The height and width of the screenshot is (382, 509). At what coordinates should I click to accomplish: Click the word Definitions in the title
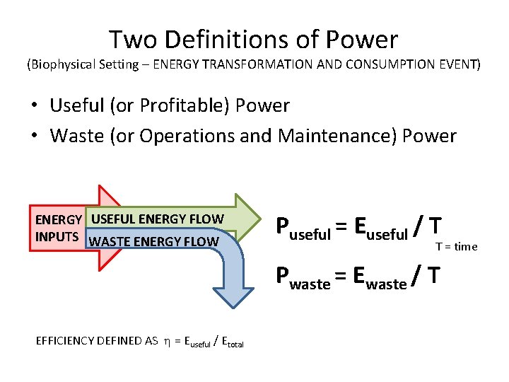click(235, 40)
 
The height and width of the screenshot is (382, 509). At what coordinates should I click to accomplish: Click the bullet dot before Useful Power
click(34, 106)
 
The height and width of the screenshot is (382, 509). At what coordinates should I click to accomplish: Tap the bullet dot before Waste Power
click(34, 136)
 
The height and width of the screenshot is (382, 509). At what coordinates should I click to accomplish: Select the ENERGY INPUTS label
click(58, 228)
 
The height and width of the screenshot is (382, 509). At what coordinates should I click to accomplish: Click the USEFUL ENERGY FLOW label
click(157, 219)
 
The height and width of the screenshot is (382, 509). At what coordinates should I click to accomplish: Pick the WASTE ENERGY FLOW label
click(155, 242)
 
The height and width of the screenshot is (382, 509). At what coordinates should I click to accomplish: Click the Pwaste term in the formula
click(303, 277)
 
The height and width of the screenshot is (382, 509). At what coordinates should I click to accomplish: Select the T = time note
click(456, 246)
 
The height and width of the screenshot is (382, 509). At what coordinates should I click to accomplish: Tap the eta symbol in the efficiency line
click(167, 341)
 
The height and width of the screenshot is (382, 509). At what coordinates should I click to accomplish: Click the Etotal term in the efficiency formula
click(233, 342)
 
